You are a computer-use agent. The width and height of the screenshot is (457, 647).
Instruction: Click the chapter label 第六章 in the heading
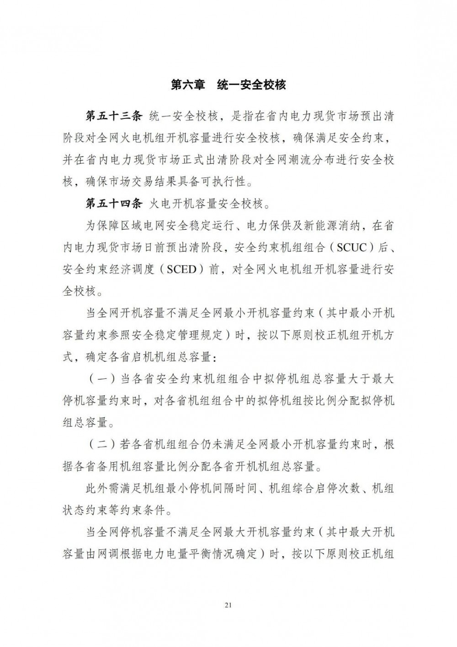tap(188, 85)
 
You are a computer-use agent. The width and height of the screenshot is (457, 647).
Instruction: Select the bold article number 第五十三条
tap(115, 116)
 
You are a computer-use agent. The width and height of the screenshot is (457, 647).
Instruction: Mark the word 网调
tap(130, 554)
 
